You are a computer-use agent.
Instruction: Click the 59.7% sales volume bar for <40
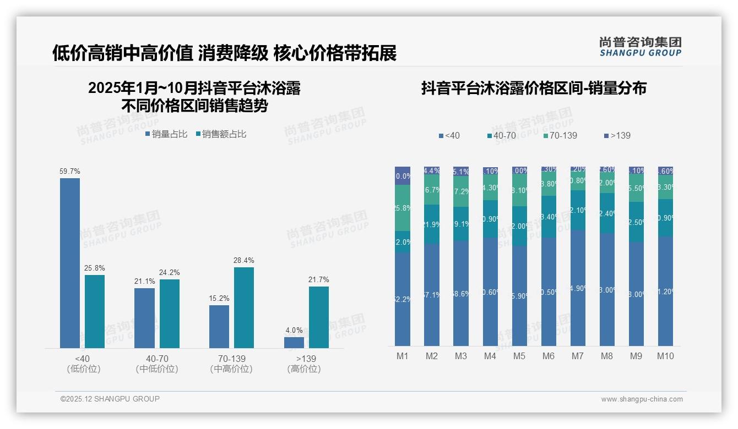(x=70, y=263)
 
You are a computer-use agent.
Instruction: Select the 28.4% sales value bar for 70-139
(x=243, y=307)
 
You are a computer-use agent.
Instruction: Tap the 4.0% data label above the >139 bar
(x=294, y=331)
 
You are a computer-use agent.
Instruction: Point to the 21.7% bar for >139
(x=318, y=317)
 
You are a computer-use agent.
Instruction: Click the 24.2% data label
(x=169, y=273)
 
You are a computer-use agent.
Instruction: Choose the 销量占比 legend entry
(x=166, y=134)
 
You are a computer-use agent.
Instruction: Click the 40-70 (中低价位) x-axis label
(x=157, y=364)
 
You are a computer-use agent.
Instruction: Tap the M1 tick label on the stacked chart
(x=403, y=356)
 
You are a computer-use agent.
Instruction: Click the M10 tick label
(x=665, y=356)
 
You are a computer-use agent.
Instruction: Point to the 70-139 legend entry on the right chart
(x=560, y=135)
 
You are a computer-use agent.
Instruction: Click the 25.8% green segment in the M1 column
(x=403, y=208)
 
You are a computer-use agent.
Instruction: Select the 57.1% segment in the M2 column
(x=431, y=295)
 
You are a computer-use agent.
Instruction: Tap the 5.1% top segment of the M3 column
(x=460, y=171)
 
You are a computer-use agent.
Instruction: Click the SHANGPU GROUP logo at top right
(x=640, y=47)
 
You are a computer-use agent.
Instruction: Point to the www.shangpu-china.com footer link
(x=642, y=399)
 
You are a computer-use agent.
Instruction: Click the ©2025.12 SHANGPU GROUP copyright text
(x=110, y=399)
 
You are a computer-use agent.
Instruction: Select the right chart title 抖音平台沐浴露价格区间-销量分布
(x=533, y=88)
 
